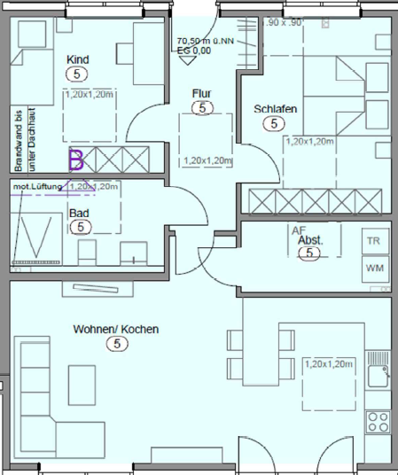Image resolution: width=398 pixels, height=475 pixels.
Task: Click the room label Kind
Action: [78, 59]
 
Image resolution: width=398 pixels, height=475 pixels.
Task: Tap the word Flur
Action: [201, 92]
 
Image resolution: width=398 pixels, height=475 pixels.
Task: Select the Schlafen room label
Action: [275, 109]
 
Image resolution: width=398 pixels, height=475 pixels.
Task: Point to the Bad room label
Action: [79, 213]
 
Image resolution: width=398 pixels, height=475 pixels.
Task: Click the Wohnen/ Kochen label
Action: [116, 329]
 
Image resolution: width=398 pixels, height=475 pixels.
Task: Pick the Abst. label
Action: [308, 240]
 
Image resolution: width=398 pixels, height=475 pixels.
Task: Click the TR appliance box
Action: [373, 240]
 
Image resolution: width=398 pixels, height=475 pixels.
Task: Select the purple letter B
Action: [76, 160]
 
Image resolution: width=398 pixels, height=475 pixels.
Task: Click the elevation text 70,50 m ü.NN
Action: [207, 41]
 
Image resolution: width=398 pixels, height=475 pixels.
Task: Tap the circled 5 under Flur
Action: [203, 107]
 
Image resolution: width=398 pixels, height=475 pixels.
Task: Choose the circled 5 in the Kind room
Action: [78, 74]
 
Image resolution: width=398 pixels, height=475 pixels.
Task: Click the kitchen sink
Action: [378, 366]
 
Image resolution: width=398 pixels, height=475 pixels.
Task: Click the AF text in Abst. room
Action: [297, 230]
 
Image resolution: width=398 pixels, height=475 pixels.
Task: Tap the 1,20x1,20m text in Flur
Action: [206, 161]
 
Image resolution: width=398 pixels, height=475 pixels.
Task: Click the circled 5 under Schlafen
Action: [270, 124]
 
